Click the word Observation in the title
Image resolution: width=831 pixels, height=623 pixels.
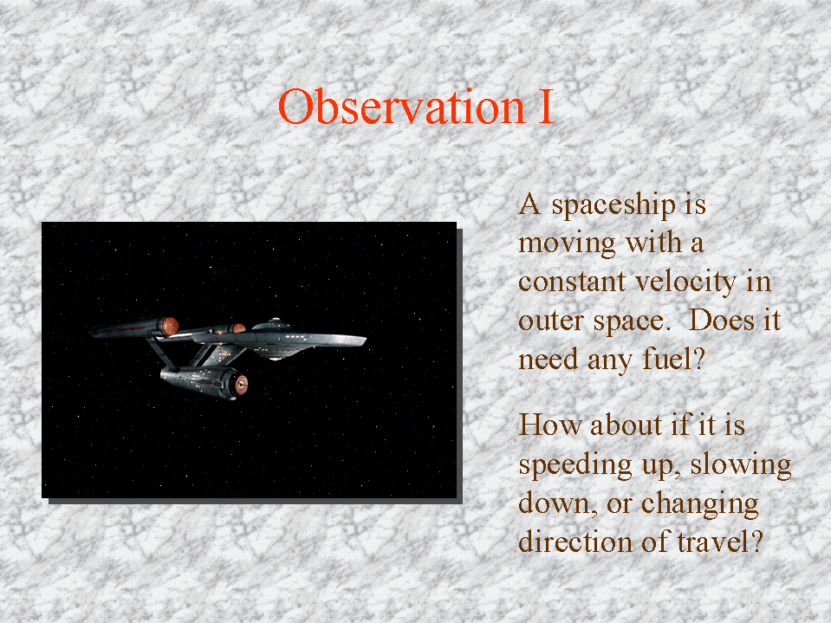pos(402,107)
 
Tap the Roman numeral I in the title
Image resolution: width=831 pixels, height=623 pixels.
pos(546,107)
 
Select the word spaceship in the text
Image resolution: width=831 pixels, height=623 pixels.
pos(614,206)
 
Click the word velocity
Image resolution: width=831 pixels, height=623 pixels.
pos(685,282)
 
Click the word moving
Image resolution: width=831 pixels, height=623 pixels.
pos(567,244)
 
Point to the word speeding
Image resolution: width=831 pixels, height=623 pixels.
pos(575,465)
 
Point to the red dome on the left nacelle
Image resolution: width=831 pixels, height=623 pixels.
pos(170,326)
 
